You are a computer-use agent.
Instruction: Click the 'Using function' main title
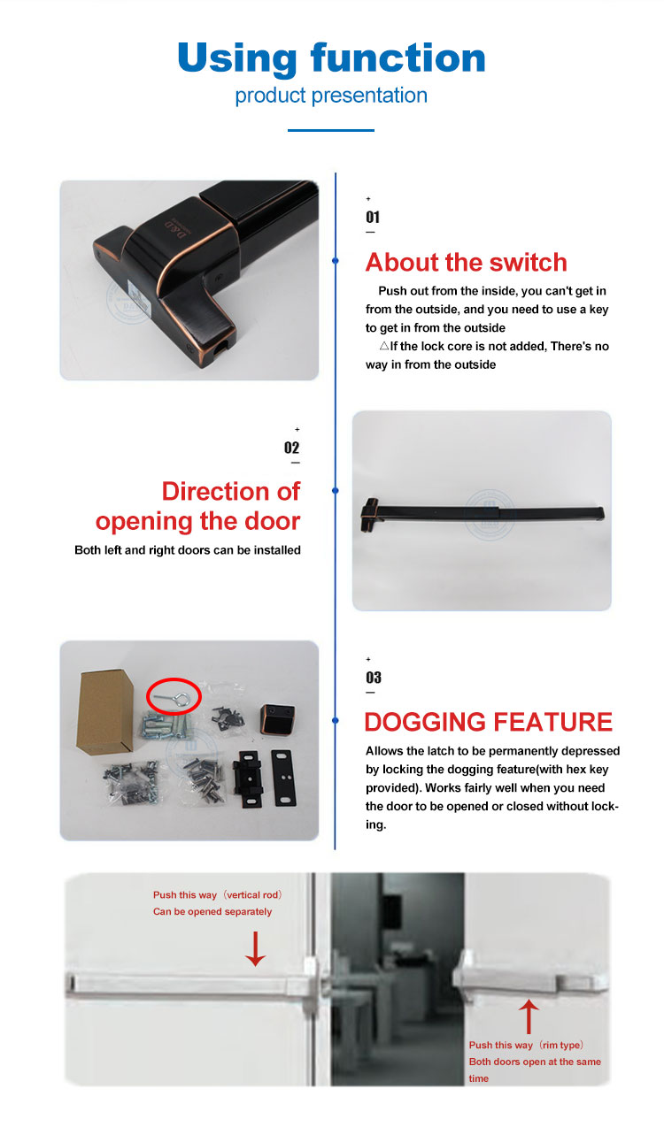pos(331,58)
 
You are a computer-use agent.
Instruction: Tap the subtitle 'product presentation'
pos(331,96)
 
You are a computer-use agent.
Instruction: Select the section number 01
pos(373,218)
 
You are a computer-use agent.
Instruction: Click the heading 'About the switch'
pos(466,263)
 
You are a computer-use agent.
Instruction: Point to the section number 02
pos(291,448)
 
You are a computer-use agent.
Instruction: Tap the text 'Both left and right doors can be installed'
pos(188,550)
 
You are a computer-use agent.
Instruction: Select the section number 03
pos(374,678)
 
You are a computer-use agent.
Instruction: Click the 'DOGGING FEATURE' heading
pos(489,722)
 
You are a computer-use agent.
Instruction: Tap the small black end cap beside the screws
pos(277,719)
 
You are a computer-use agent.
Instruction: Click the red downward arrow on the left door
pos(255,948)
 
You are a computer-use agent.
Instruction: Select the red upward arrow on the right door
pos(529,1016)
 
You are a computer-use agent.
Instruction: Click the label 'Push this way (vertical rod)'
pos(217,895)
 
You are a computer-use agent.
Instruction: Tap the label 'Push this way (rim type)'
pos(526,1045)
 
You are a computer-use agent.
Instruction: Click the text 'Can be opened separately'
pos(212,911)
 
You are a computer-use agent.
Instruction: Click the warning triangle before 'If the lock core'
pos(384,346)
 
